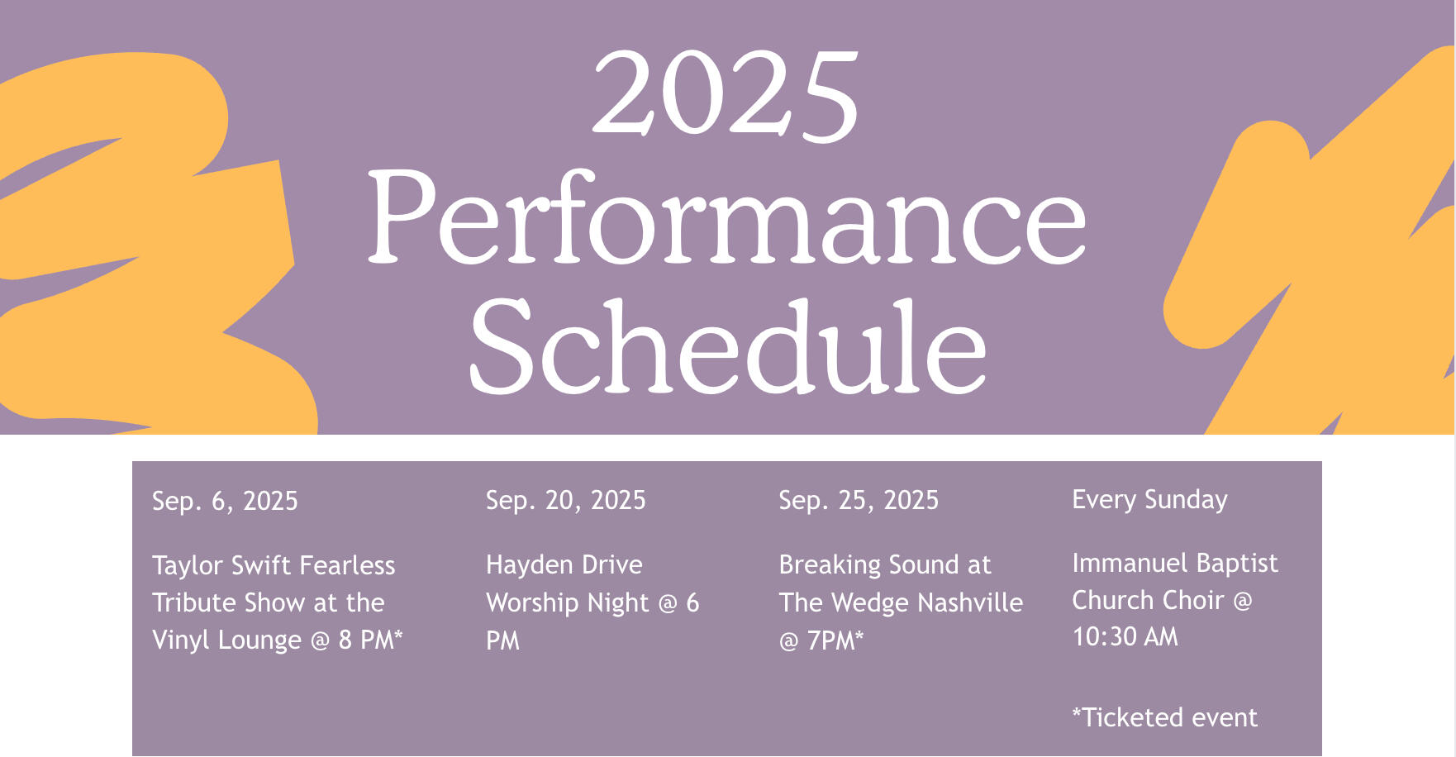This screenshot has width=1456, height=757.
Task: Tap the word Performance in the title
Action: (x=726, y=218)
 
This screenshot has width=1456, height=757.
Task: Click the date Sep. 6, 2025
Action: (x=225, y=502)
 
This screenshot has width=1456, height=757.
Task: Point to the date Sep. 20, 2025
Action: (x=566, y=501)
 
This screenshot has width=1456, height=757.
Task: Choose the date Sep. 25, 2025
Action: (x=859, y=501)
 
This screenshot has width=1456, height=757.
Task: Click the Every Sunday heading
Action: (x=1149, y=500)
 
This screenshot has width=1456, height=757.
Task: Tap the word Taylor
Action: (x=188, y=566)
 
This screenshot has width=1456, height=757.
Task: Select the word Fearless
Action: (x=347, y=565)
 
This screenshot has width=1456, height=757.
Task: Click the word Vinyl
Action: (x=179, y=640)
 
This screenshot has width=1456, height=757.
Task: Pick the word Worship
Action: (x=533, y=603)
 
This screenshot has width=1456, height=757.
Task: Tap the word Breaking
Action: (x=830, y=565)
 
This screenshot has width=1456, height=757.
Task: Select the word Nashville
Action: (x=970, y=602)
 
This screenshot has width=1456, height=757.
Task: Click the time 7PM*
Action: (x=835, y=640)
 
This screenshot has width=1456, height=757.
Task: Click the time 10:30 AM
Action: (x=1125, y=637)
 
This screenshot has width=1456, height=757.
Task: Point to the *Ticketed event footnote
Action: (x=1164, y=717)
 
